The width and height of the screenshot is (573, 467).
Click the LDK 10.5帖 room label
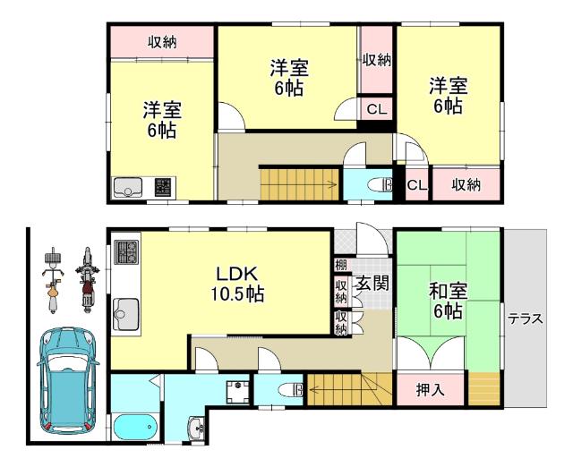pyautogui.click(x=236, y=283)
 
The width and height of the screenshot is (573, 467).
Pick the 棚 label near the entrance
pyautogui.click(x=341, y=264)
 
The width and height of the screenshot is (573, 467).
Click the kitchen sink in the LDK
pyautogui.click(x=124, y=313)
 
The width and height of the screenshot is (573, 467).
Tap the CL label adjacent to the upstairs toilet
pyautogui.click(x=415, y=185)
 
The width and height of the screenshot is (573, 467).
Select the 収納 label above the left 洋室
pyautogui.click(x=161, y=42)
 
